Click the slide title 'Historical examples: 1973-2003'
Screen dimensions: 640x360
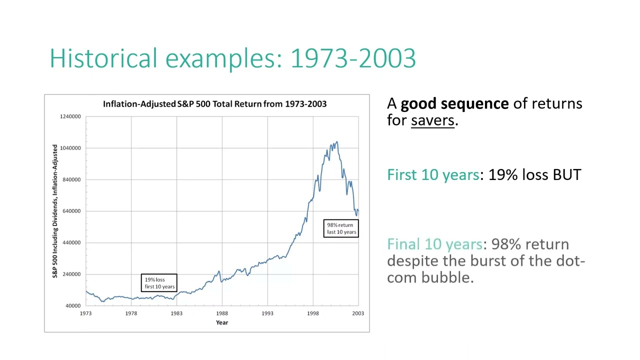[x=232, y=58]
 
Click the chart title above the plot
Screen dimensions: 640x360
[x=214, y=104]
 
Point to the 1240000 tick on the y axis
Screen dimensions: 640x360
[x=70, y=116]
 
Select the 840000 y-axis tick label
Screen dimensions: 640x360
[x=70, y=179]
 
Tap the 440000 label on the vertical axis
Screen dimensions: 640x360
[x=70, y=242]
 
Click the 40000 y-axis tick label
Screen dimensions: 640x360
[x=73, y=305]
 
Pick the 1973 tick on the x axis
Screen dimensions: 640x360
[x=85, y=313]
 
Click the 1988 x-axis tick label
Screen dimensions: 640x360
[x=221, y=313]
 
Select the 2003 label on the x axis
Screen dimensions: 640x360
[x=358, y=313]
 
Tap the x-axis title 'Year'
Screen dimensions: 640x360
[x=221, y=322]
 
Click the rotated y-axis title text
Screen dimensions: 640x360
[x=55, y=211]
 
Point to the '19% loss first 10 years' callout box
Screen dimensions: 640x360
[x=159, y=283]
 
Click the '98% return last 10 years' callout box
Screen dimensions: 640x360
[x=341, y=228]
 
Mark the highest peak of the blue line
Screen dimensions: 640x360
[x=336, y=142]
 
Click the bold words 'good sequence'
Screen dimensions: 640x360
[x=454, y=103]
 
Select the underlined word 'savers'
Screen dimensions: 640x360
[x=432, y=120]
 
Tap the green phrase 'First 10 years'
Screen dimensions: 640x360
[x=433, y=174]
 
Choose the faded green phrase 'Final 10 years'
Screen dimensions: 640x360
[x=434, y=244]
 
